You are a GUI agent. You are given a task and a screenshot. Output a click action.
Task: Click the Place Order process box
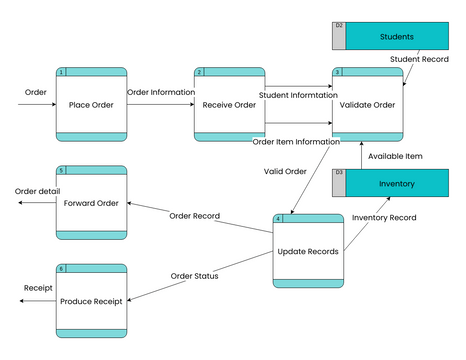pos(91,104)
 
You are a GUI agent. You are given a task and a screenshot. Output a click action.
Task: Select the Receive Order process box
pos(229,104)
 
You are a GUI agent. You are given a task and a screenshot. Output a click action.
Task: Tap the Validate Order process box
pos(367,104)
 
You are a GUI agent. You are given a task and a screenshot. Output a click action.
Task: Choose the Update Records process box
pos(307,250)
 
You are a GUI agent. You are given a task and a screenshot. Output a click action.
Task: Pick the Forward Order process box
pos(91,203)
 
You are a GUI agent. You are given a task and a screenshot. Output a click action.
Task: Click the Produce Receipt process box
pos(91,300)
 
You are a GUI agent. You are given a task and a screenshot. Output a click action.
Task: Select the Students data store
pos(396,37)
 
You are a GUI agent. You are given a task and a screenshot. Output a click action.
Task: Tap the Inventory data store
pos(396,184)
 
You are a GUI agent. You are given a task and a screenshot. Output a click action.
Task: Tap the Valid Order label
pos(285,171)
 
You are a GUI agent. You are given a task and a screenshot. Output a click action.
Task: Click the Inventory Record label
pos(385,217)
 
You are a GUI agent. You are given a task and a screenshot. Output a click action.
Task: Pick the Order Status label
pos(194,276)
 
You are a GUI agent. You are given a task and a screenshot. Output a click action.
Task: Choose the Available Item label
pos(395,156)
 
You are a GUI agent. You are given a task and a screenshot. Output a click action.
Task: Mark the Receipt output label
pos(38,288)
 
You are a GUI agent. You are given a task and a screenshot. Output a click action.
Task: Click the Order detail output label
pos(38,191)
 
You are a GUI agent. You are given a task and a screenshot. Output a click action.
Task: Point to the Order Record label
pos(194,216)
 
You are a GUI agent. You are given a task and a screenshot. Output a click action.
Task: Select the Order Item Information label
pos(296,141)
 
